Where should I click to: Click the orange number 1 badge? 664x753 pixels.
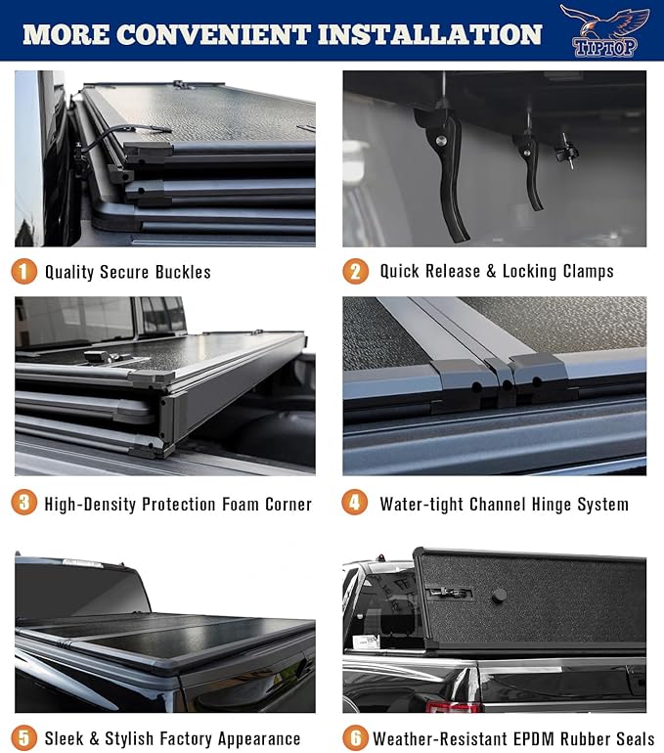pos(24,271)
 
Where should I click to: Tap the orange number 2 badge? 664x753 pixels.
pos(356,271)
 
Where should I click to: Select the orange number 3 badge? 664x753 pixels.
pos(24,504)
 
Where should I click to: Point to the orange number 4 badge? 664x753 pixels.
pos(356,504)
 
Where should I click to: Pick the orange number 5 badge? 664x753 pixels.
pos(24,737)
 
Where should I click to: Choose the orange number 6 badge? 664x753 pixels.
pos(356,737)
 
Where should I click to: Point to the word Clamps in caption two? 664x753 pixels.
pos(582,271)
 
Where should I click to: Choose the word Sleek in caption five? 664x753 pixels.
pos(66,738)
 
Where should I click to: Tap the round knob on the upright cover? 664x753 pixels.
pos(499,595)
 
